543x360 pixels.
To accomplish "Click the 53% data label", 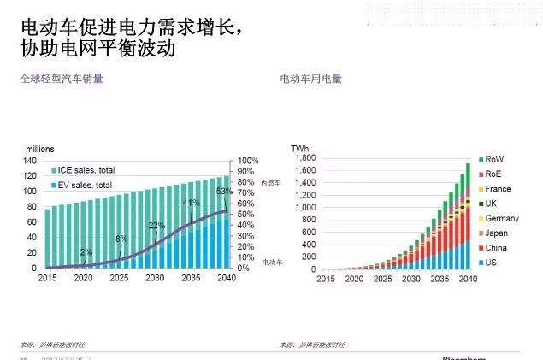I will coord(225,191).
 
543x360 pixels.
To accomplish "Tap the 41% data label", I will coord(191,203).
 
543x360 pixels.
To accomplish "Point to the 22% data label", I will coord(156,226).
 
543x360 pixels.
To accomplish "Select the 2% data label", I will coord(86,252).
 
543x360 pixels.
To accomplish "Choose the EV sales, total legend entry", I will coord(86,185).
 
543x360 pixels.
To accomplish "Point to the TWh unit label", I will coord(299,149).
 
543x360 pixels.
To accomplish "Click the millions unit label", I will coord(40,149).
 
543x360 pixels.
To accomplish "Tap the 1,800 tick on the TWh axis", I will coord(305,158).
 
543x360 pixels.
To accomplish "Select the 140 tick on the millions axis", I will coord(30,161).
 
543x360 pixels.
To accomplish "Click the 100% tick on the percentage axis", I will coord(247,161).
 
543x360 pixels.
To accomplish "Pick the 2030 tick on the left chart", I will coord(155,279).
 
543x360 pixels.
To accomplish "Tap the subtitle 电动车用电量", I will coord(311,79).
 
